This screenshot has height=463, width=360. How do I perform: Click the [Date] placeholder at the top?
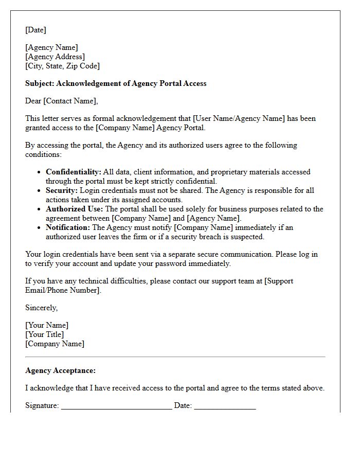point(35,30)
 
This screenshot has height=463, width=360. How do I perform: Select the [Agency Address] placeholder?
point(55,57)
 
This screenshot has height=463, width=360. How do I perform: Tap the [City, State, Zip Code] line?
point(62,66)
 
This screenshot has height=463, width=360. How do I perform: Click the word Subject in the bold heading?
point(39,83)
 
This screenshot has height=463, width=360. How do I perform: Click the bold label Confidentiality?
point(74,172)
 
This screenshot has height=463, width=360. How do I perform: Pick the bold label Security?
point(62,190)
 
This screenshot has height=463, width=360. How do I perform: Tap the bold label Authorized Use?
point(75,209)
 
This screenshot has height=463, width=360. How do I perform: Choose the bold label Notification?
point(68,227)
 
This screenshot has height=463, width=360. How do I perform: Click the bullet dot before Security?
point(39,191)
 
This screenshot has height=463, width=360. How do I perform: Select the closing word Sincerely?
point(41,308)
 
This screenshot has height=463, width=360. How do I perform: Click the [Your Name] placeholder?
point(47,325)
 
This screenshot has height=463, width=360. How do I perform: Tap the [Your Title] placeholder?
point(45,334)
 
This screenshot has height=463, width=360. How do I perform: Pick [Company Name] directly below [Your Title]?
point(55,344)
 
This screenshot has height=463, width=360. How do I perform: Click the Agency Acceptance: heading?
point(60,370)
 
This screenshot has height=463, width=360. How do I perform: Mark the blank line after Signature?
point(116,406)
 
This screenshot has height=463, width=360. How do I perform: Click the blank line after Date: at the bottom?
point(225,406)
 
